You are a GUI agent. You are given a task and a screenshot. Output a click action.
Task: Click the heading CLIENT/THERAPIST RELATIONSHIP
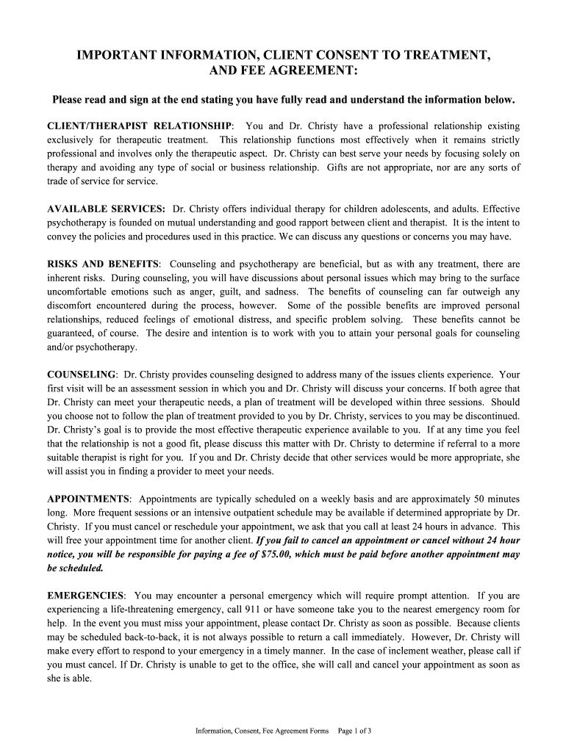(x=140, y=126)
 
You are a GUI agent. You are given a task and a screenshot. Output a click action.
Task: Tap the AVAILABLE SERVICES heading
(x=106, y=209)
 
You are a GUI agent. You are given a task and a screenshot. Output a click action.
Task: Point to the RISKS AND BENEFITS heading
(x=103, y=264)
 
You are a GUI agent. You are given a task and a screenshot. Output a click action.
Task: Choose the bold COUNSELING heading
(x=82, y=375)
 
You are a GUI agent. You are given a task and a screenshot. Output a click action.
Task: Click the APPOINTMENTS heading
(x=89, y=499)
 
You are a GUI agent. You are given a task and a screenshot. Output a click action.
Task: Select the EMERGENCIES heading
(x=86, y=596)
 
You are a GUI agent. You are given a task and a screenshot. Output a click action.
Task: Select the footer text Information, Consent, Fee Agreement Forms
(x=262, y=731)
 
